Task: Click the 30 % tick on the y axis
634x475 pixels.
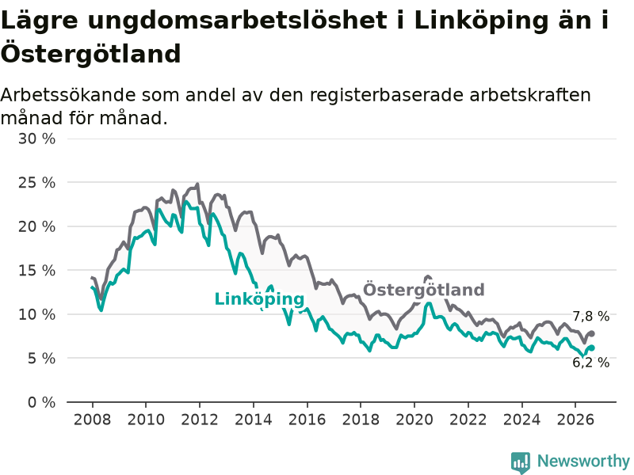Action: [36, 139]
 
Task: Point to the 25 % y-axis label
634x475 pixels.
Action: [36, 183]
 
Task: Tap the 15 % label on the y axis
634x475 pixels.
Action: [36, 270]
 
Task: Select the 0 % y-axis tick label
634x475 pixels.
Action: [42, 402]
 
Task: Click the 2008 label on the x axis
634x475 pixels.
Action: [92, 420]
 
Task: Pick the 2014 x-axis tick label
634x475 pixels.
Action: [254, 420]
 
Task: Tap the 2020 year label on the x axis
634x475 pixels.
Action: [414, 420]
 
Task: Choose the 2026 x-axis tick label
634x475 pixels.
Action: [575, 420]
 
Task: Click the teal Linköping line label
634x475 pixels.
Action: [259, 299]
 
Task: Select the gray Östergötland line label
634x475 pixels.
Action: [423, 289]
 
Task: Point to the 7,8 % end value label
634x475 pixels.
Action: [590, 316]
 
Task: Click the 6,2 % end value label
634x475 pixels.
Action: [590, 363]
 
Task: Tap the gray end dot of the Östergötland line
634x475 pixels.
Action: [591, 333]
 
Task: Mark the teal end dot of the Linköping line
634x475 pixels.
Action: [591, 348]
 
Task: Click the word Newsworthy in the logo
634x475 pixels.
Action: [583, 461]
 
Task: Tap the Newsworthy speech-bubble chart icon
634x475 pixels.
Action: [521, 462]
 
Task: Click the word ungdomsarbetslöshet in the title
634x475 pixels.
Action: [237, 21]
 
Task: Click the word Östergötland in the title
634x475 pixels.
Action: [90, 53]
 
